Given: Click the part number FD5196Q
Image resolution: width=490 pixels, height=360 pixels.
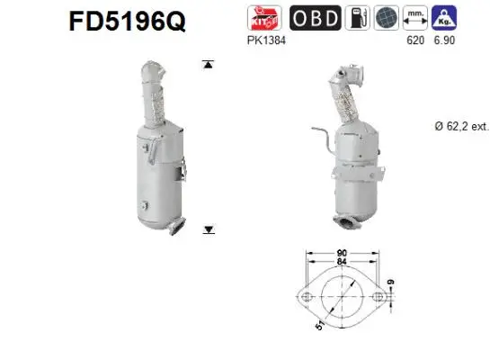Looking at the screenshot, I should [127, 21].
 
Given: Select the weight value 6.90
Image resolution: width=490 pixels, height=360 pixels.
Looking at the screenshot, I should [445, 40].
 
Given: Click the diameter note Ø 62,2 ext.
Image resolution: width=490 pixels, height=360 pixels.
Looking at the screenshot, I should [457, 127].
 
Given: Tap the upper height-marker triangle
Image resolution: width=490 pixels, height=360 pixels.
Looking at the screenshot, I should [209, 64].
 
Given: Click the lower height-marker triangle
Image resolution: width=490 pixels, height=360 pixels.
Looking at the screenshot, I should [209, 230].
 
